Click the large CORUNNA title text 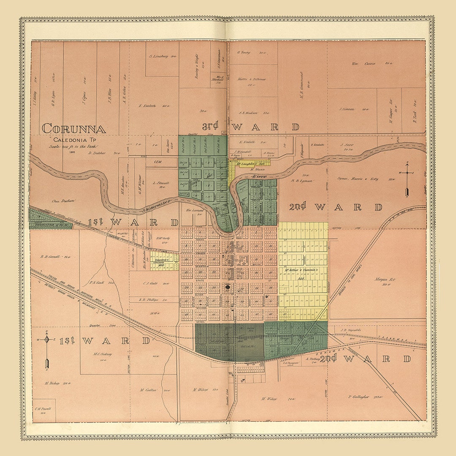coord(74,128)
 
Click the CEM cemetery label coord(157,161)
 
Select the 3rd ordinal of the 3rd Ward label coord(210,126)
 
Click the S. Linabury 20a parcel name coord(162,56)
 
